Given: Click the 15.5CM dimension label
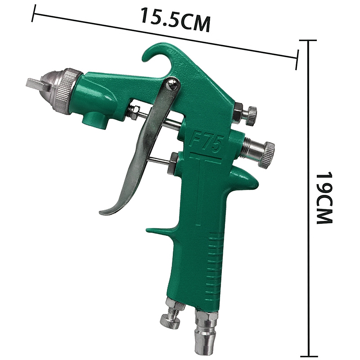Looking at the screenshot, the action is pos(176,19).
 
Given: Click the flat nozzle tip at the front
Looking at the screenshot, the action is pos(36,84).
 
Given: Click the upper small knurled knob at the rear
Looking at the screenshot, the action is pos(252,116).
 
